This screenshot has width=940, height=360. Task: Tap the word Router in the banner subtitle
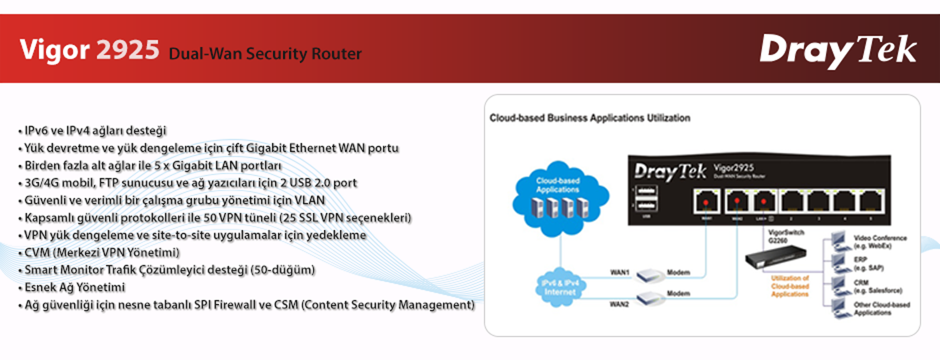point(337,53)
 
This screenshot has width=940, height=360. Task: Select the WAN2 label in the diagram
point(620,305)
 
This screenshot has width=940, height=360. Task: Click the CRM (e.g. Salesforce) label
point(877,287)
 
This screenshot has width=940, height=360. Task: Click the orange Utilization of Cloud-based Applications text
point(790,286)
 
